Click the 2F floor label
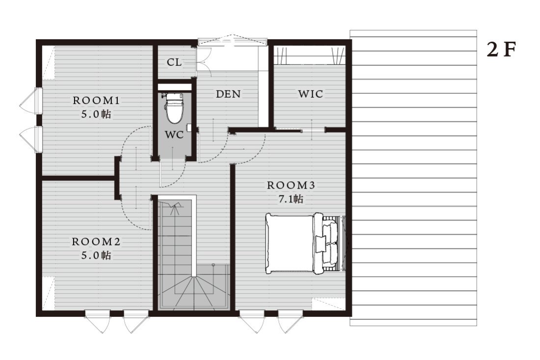coord(501,50)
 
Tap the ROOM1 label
coord(96,101)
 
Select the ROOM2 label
coord(96,242)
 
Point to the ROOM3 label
coord(291,185)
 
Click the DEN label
coord(228,94)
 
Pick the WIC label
coord(311,94)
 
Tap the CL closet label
coord(174,62)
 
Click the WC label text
coord(174,135)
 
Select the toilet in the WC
coord(175,108)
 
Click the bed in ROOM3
coord(306,244)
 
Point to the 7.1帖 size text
coord(291,199)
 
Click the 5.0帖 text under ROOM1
coord(96,114)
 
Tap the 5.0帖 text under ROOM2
coord(96,255)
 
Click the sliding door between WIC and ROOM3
coord(299,130)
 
